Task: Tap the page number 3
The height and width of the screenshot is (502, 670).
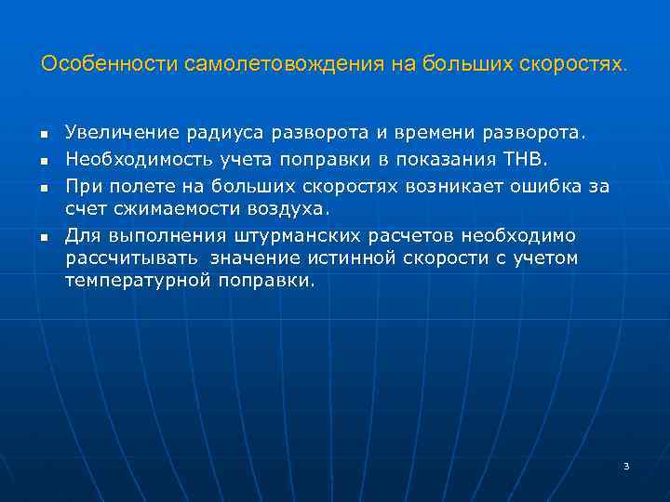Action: point(626,466)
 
